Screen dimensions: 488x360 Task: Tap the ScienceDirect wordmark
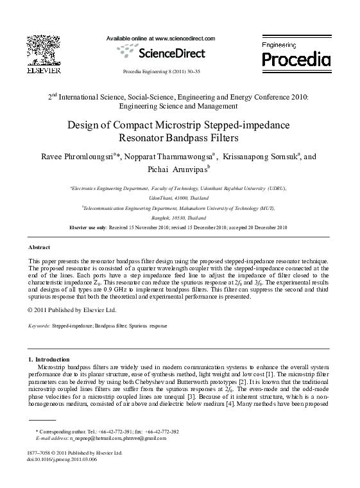coord(168,52)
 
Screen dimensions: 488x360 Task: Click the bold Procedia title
coord(296,60)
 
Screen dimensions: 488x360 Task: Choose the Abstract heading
coord(40,247)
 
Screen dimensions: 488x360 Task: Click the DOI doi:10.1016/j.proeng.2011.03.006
coord(63,460)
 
